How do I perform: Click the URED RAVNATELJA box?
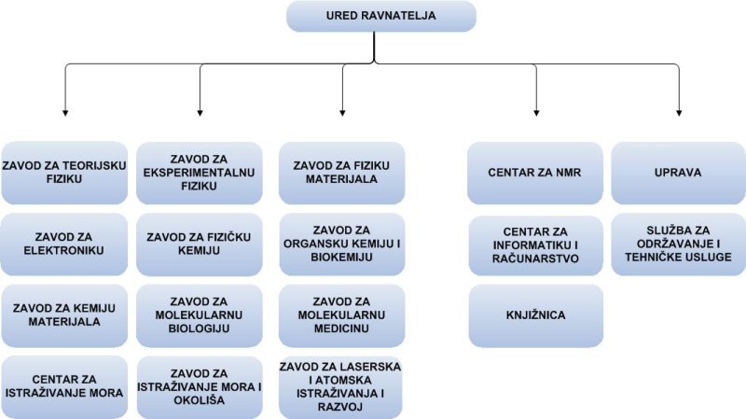(381, 16)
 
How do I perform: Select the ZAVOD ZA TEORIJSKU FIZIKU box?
(64, 173)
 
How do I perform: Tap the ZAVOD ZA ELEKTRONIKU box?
(64, 244)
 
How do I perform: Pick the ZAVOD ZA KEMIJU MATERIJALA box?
(64, 315)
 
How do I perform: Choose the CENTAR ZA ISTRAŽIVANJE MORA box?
(64, 386)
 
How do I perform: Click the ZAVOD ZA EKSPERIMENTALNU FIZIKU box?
(200, 173)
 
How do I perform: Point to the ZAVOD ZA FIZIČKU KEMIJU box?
(200, 244)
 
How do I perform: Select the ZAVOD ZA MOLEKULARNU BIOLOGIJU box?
(200, 315)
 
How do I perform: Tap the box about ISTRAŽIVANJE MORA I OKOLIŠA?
(200, 387)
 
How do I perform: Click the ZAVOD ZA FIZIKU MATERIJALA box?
(341, 173)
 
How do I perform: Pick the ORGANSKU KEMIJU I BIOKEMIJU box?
(341, 244)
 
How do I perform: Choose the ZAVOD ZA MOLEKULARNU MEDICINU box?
(341, 315)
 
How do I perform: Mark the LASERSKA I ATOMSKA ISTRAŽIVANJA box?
(340, 387)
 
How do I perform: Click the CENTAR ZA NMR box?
(535, 173)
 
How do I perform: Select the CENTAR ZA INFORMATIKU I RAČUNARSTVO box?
(535, 245)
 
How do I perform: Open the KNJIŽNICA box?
(535, 315)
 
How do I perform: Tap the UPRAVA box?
(678, 173)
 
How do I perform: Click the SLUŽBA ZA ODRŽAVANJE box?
(678, 244)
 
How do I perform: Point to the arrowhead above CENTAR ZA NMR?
(536, 113)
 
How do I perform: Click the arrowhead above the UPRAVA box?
(679, 113)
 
